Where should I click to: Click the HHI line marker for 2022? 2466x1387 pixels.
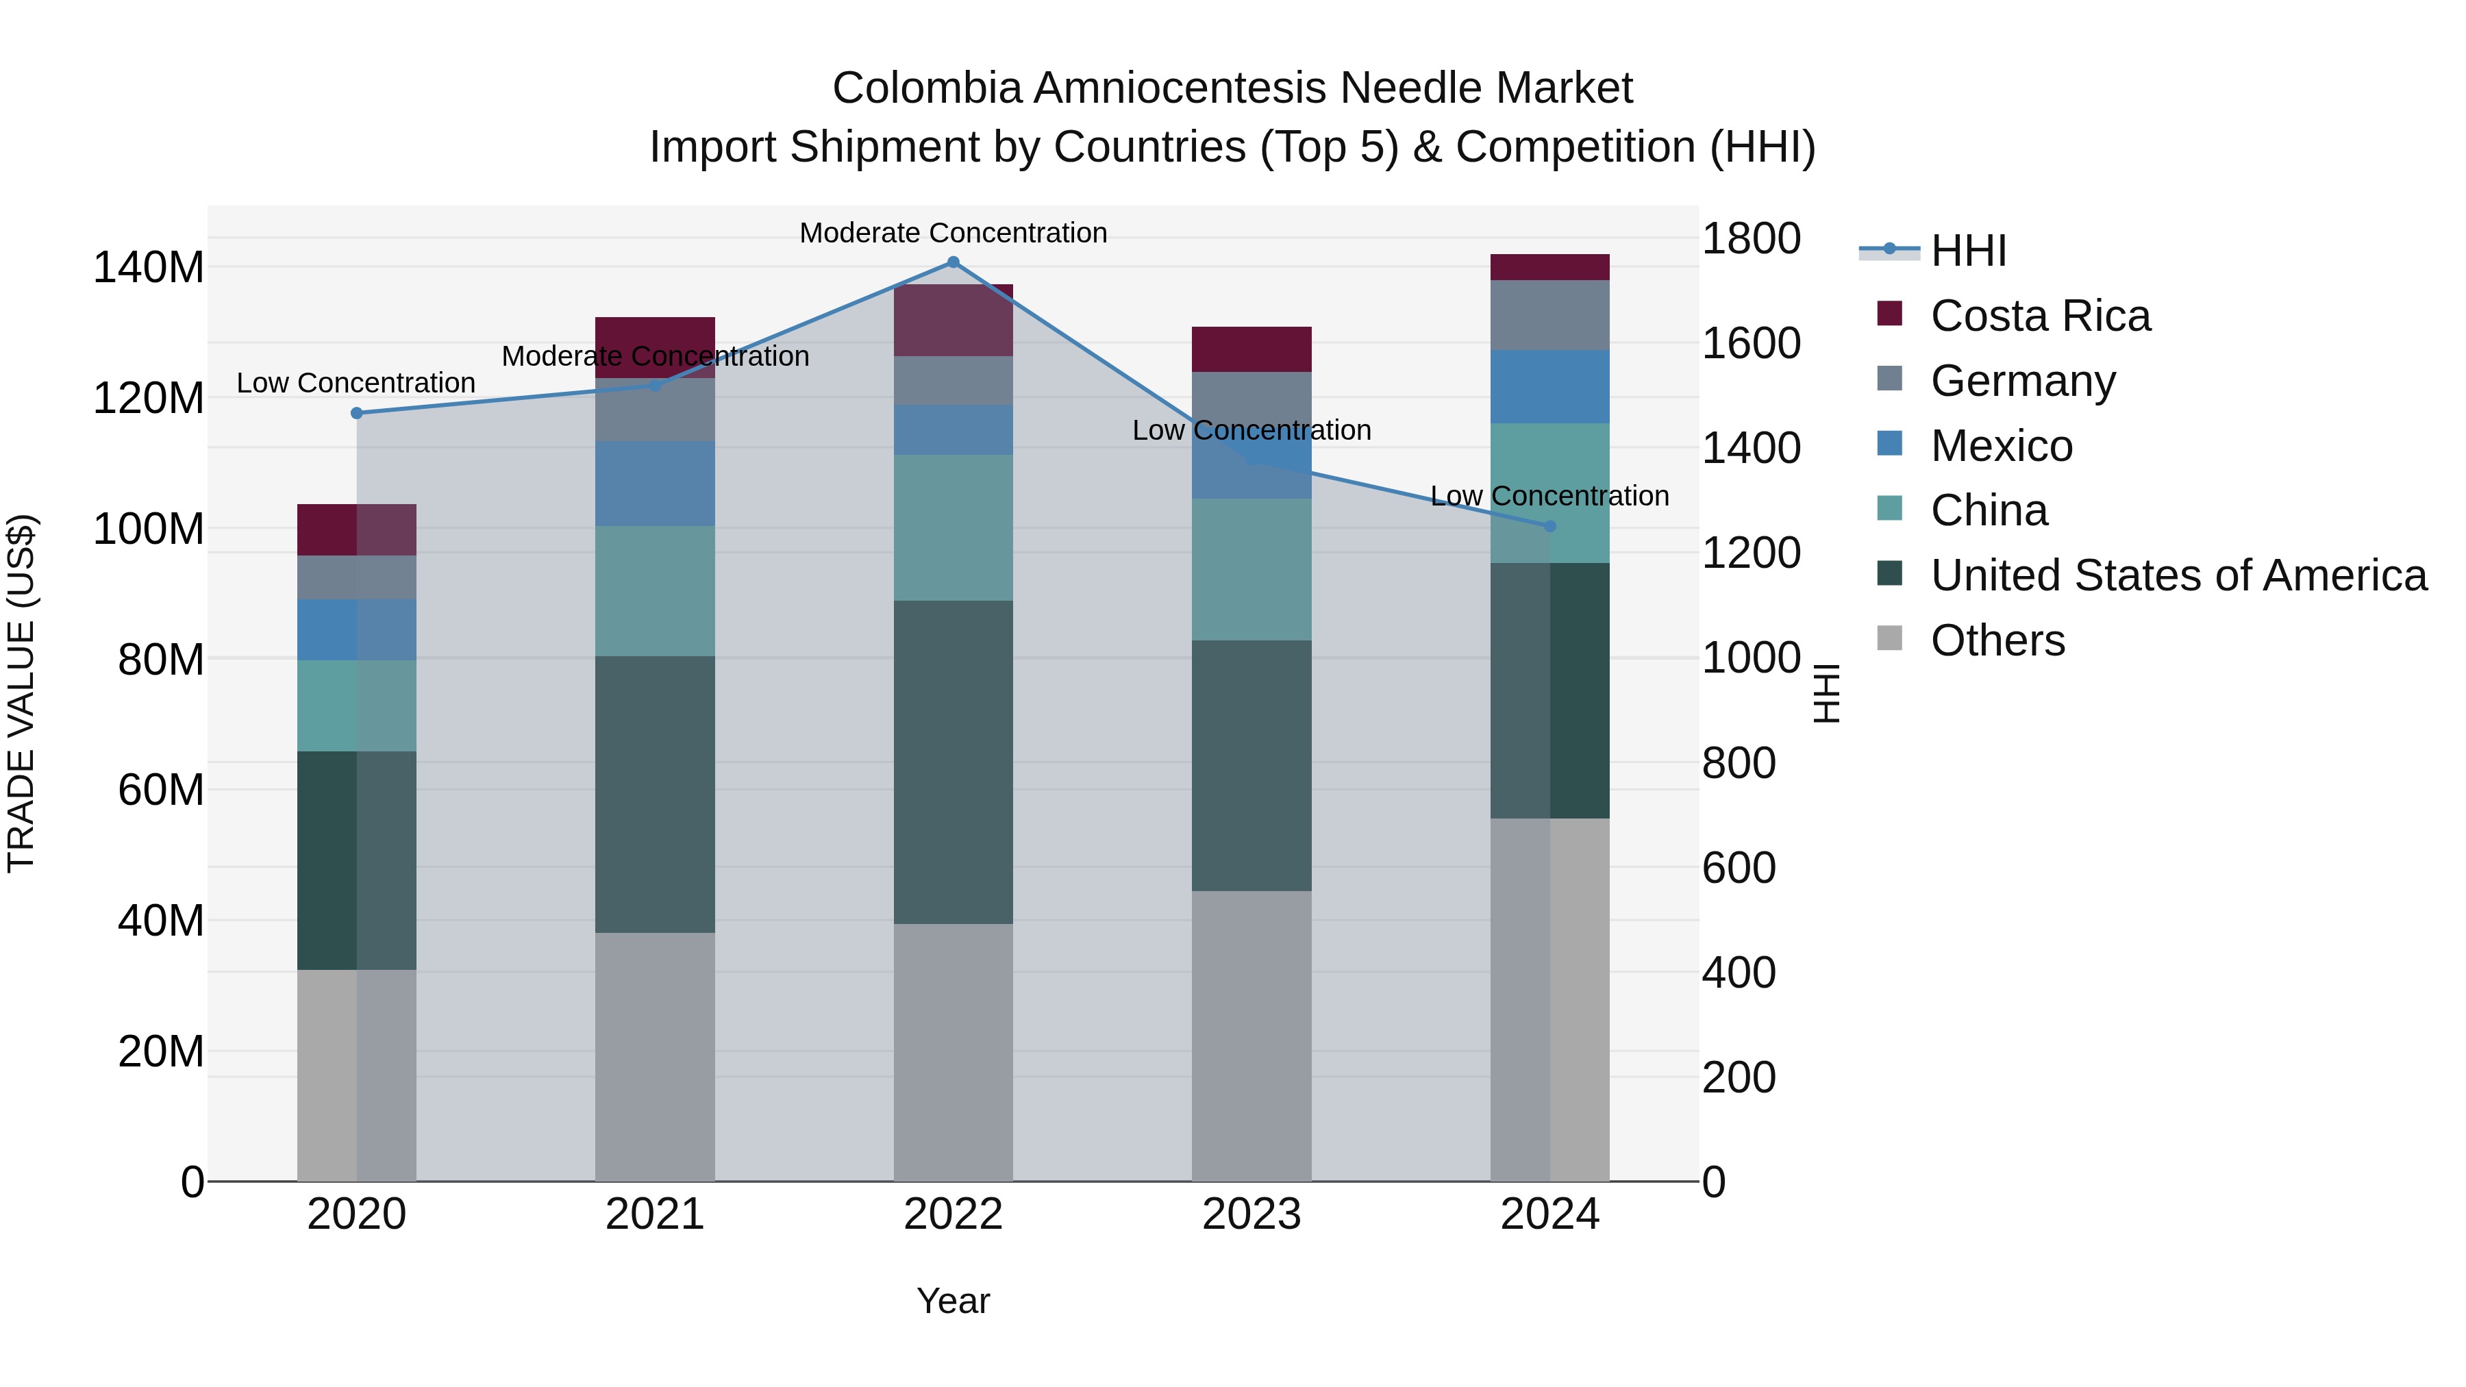pyautogui.click(x=953, y=262)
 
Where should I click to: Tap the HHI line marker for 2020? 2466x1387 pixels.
pyautogui.click(x=357, y=414)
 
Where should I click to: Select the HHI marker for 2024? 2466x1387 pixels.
pyautogui.click(x=1550, y=527)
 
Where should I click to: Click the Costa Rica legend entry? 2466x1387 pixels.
pyautogui.click(x=2039, y=316)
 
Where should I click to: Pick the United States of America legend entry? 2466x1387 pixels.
pyautogui.click(x=2178, y=575)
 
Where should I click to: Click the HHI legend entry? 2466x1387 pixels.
pyautogui.click(x=1967, y=251)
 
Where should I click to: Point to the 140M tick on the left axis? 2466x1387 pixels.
pyautogui.click(x=149, y=267)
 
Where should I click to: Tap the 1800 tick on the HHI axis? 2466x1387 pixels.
pyautogui.click(x=1751, y=238)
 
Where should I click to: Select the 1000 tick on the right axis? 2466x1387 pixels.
pyautogui.click(x=1751, y=658)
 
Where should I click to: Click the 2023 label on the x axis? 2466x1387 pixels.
pyautogui.click(x=1251, y=1214)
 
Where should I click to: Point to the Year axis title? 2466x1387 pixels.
pyautogui.click(x=953, y=1301)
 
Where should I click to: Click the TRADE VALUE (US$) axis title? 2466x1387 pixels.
pyautogui.click(x=21, y=693)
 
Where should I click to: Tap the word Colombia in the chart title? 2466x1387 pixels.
pyautogui.click(x=927, y=88)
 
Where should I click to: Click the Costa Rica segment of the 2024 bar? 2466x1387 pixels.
pyautogui.click(x=1550, y=267)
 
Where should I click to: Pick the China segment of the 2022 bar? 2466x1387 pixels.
pyautogui.click(x=953, y=527)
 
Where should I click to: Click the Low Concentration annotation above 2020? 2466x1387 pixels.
pyautogui.click(x=356, y=383)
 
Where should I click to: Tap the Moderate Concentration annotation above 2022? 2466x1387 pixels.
pyautogui.click(x=953, y=233)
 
